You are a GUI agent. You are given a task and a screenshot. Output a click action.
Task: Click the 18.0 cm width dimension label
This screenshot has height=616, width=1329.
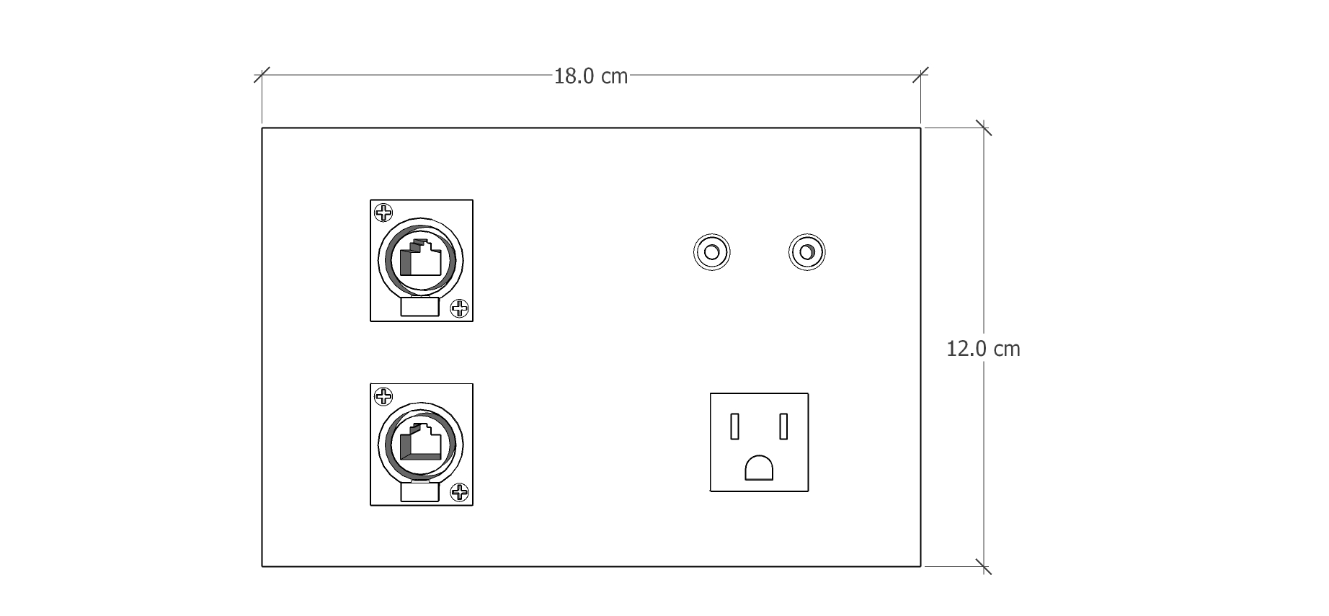click(590, 76)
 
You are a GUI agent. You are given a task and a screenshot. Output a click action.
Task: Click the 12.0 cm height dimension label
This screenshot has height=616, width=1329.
click(983, 349)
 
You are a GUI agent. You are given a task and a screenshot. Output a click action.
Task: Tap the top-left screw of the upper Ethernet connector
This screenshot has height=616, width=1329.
click(384, 213)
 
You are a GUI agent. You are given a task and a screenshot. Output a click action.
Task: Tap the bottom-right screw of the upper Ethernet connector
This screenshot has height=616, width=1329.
click(459, 309)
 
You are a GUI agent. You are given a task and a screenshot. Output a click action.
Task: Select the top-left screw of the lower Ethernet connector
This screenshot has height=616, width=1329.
click(384, 396)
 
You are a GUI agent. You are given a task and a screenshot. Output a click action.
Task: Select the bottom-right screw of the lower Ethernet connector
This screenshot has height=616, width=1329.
click(459, 493)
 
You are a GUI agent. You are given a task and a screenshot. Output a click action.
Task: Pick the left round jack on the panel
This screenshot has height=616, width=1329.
click(711, 253)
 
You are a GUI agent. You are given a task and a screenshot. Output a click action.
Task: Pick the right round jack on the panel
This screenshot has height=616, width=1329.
click(807, 253)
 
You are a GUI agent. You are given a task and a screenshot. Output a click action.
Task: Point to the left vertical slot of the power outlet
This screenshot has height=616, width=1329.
click(735, 426)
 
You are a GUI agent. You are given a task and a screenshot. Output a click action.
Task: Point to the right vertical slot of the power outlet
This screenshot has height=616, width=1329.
click(783, 426)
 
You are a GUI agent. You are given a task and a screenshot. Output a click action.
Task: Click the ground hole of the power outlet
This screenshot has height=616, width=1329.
click(759, 468)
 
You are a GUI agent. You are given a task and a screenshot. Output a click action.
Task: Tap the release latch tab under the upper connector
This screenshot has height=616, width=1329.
click(419, 308)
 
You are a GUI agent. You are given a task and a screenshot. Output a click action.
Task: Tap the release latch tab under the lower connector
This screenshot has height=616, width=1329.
click(419, 492)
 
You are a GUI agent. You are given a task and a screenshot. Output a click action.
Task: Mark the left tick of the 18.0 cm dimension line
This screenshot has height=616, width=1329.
click(262, 74)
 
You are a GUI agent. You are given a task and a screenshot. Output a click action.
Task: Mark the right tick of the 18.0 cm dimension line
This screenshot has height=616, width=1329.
click(920, 74)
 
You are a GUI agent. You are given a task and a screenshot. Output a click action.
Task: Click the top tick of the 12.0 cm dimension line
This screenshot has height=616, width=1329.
click(984, 128)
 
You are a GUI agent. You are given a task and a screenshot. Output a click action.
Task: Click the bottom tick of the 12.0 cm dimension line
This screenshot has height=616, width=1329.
click(984, 566)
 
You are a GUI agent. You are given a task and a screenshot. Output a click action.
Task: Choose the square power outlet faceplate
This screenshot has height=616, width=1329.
click(759, 442)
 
